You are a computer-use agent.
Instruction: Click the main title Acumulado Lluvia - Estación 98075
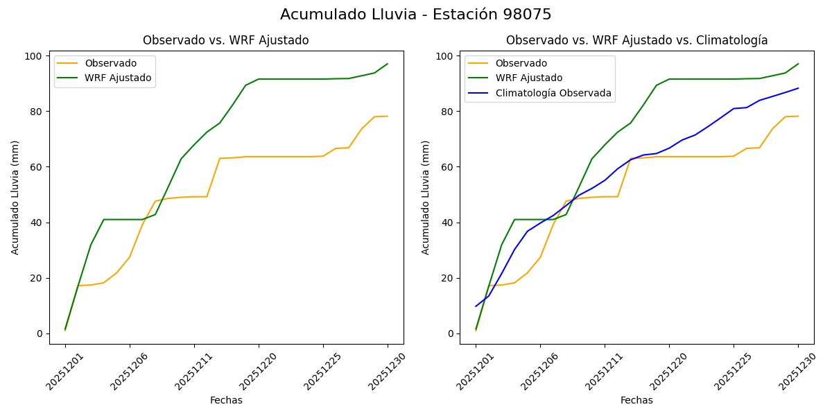(416, 15)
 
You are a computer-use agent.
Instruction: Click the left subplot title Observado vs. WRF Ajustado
(226, 40)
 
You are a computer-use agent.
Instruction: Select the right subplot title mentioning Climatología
(636, 40)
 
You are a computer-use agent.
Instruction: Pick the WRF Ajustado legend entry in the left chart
(118, 78)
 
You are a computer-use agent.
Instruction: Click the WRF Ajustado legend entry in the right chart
(528, 78)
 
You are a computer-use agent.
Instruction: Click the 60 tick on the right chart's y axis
(448, 167)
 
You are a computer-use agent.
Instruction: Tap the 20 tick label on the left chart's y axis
(37, 278)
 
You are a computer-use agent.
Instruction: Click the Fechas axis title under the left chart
(226, 400)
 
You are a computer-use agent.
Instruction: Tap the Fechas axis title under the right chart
(636, 400)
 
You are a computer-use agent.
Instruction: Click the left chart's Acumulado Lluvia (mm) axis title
(15, 197)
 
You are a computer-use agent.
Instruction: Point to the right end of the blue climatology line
(798, 88)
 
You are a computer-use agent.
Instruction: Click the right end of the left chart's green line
(388, 64)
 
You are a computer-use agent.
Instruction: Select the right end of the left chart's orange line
(388, 116)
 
